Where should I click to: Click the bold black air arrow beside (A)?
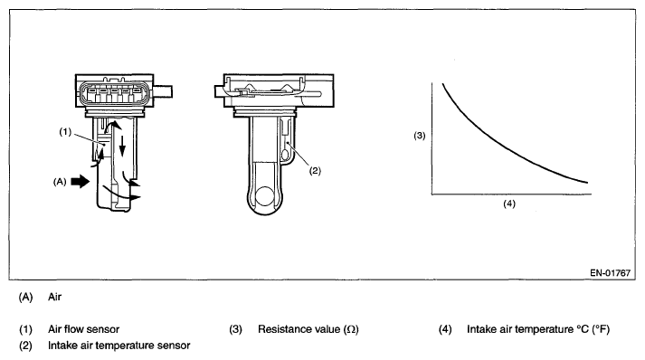click(x=81, y=181)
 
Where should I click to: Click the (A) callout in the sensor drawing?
click(x=60, y=182)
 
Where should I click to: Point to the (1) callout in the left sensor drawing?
click(x=65, y=132)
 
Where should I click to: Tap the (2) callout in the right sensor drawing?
click(x=315, y=171)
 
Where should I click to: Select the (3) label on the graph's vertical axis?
click(x=419, y=136)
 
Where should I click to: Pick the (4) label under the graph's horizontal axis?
click(x=509, y=204)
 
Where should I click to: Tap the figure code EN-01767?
click(x=610, y=273)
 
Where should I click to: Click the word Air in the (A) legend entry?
click(x=54, y=297)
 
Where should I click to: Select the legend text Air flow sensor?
click(x=83, y=329)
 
